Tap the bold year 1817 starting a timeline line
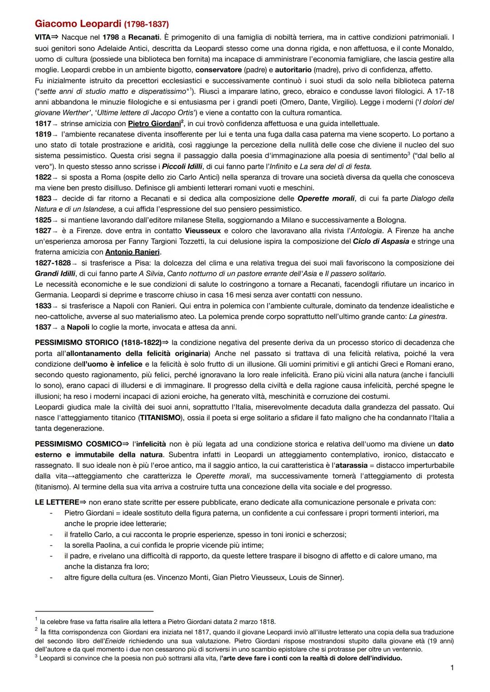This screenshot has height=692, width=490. pyautogui.click(x=43, y=123)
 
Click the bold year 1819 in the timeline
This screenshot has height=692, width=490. pyautogui.click(x=43, y=134)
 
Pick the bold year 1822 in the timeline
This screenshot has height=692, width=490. pyautogui.click(x=43, y=177)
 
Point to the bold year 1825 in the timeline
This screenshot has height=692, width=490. pyautogui.click(x=43, y=220)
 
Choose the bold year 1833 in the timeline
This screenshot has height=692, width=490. pyautogui.click(x=43, y=306)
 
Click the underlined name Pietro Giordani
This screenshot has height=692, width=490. pyautogui.click(x=154, y=123)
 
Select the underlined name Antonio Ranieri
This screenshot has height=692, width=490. pyautogui.click(x=133, y=252)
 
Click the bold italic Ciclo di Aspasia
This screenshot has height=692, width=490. pyautogui.click(x=381, y=241)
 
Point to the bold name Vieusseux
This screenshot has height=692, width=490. pyautogui.click(x=203, y=231)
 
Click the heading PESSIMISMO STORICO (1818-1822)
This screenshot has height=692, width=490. pyautogui.click(x=98, y=343)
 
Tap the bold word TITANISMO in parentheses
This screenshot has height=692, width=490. pyautogui.click(x=160, y=417)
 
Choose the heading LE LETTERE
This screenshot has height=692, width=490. pyautogui.click(x=57, y=502)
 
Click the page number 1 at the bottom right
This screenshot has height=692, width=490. pyautogui.click(x=452, y=667)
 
